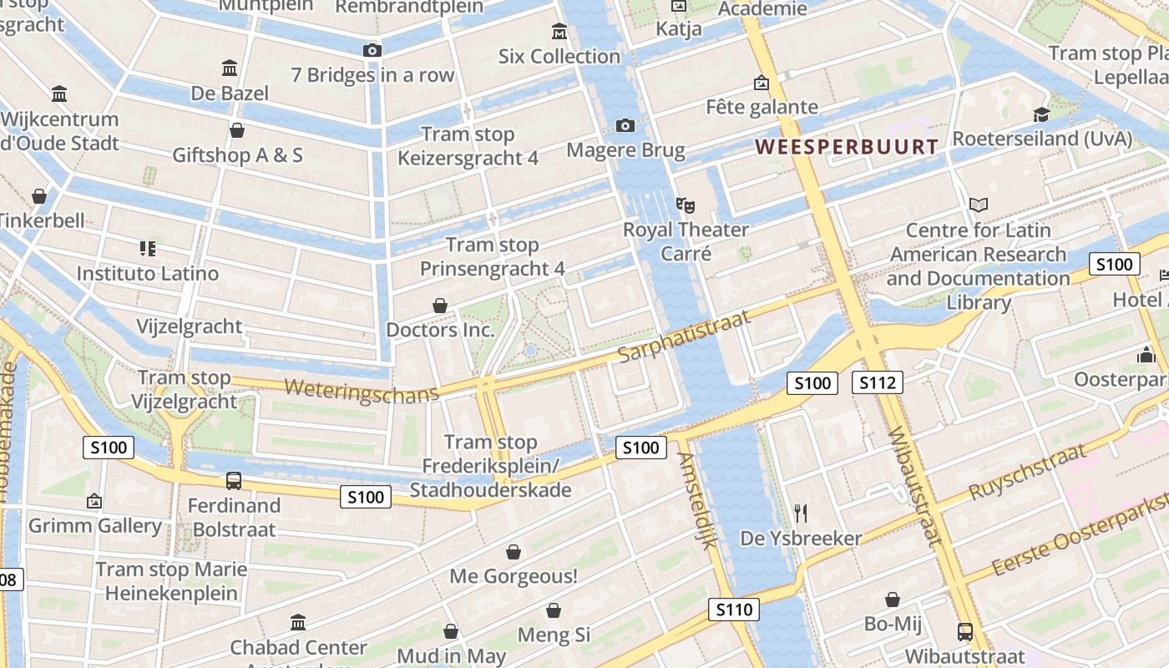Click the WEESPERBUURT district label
click(x=847, y=147)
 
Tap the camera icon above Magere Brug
click(x=625, y=126)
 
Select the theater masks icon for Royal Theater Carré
click(x=686, y=205)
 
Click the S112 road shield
click(x=878, y=383)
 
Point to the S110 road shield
click(x=734, y=610)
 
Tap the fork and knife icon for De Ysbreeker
click(x=801, y=513)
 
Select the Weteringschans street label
click(x=361, y=391)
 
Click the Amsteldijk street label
click(x=698, y=501)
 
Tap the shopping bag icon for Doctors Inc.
click(x=440, y=306)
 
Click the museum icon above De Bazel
click(x=230, y=68)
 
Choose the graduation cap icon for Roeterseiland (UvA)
click(x=1041, y=114)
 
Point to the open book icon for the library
click(x=979, y=205)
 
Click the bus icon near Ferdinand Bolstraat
click(x=234, y=481)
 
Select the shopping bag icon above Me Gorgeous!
click(x=514, y=552)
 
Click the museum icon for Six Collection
click(x=559, y=33)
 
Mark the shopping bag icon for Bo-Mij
click(x=893, y=600)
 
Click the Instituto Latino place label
click(x=148, y=273)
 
